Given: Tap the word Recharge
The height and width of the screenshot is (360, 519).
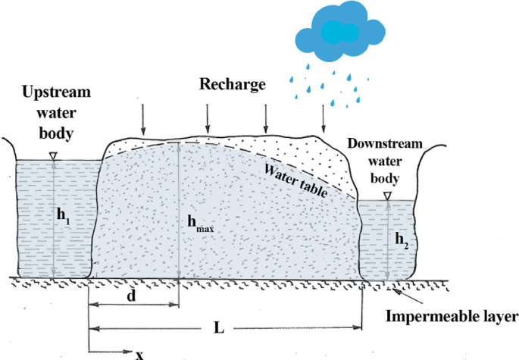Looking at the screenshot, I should [x=233, y=83].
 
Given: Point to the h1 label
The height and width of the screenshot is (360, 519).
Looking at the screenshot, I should [x=64, y=214].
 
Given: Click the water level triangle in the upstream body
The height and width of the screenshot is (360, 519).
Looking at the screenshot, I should [x=52, y=156].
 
